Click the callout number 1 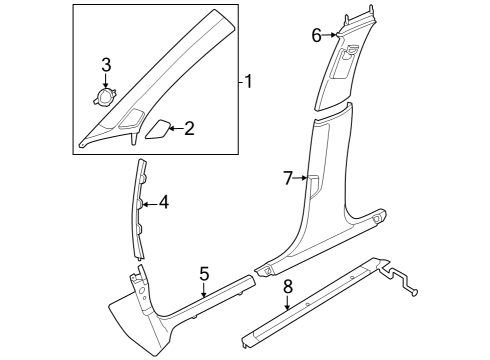point(249,82)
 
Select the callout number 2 point(189,129)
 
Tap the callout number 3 point(106,65)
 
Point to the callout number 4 point(164,203)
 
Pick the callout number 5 point(204,274)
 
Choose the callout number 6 point(317,35)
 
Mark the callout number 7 point(288,178)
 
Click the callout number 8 point(288,286)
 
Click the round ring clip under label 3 point(104,97)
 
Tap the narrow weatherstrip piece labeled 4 point(141,208)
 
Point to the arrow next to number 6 point(330,35)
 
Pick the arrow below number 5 point(204,289)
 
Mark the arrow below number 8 point(287,303)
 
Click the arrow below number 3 point(106,81)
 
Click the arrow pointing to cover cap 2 point(176,129)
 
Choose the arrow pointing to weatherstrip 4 point(151,204)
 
